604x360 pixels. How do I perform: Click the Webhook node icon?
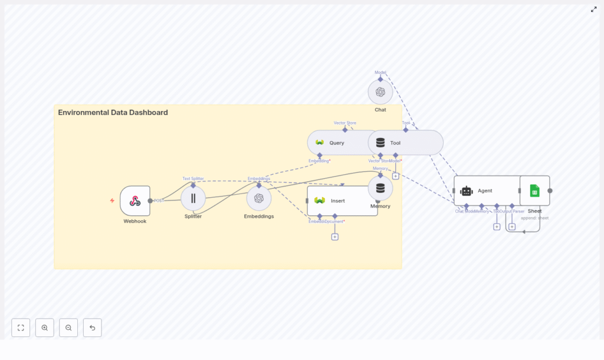click(x=135, y=201)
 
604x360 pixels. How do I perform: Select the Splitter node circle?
click(x=193, y=198)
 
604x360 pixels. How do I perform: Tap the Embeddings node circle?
click(x=259, y=198)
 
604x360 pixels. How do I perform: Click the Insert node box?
click(x=342, y=201)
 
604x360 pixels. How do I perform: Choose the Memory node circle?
click(x=380, y=188)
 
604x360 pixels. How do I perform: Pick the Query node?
click(x=336, y=143)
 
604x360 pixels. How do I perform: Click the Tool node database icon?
click(x=380, y=143)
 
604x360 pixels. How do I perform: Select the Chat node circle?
click(x=380, y=92)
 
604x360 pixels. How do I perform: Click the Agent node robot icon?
click(x=467, y=191)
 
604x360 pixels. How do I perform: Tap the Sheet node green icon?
click(x=534, y=191)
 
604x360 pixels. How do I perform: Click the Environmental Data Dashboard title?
click(x=113, y=113)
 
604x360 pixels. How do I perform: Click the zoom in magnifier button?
click(x=45, y=328)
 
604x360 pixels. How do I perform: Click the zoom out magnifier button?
click(x=68, y=328)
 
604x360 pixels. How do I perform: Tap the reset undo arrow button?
click(x=92, y=328)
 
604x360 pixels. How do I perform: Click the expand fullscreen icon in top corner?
click(x=593, y=9)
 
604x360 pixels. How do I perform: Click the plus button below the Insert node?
click(x=335, y=237)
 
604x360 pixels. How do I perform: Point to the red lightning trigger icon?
click(x=112, y=201)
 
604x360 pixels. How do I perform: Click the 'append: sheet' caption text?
click(x=534, y=218)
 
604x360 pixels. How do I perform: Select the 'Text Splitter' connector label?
click(x=193, y=178)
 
